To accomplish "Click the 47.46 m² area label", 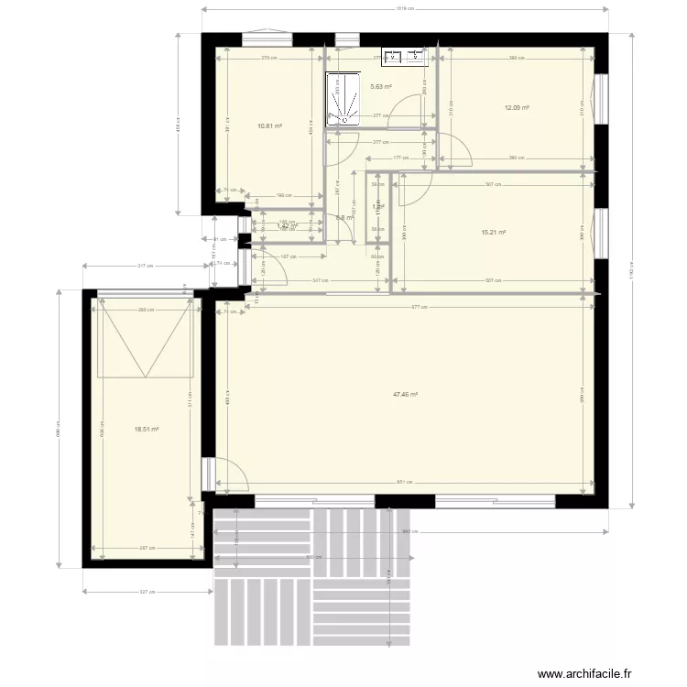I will click(x=405, y=395).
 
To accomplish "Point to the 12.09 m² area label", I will click(x=518, y=107).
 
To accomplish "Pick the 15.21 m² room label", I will click(x=494, y=233).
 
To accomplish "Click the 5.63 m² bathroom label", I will click(x=380, y=87).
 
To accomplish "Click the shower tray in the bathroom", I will click(x=343, y=99).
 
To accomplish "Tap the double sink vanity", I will click(x=405, y=58).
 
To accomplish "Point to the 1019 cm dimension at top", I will click(x=404, y=9).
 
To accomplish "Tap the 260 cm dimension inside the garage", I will click(x=144, y=310).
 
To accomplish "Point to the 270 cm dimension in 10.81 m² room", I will click(x=267, y=59).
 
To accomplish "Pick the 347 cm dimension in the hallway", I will click(x=320, y=280).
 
